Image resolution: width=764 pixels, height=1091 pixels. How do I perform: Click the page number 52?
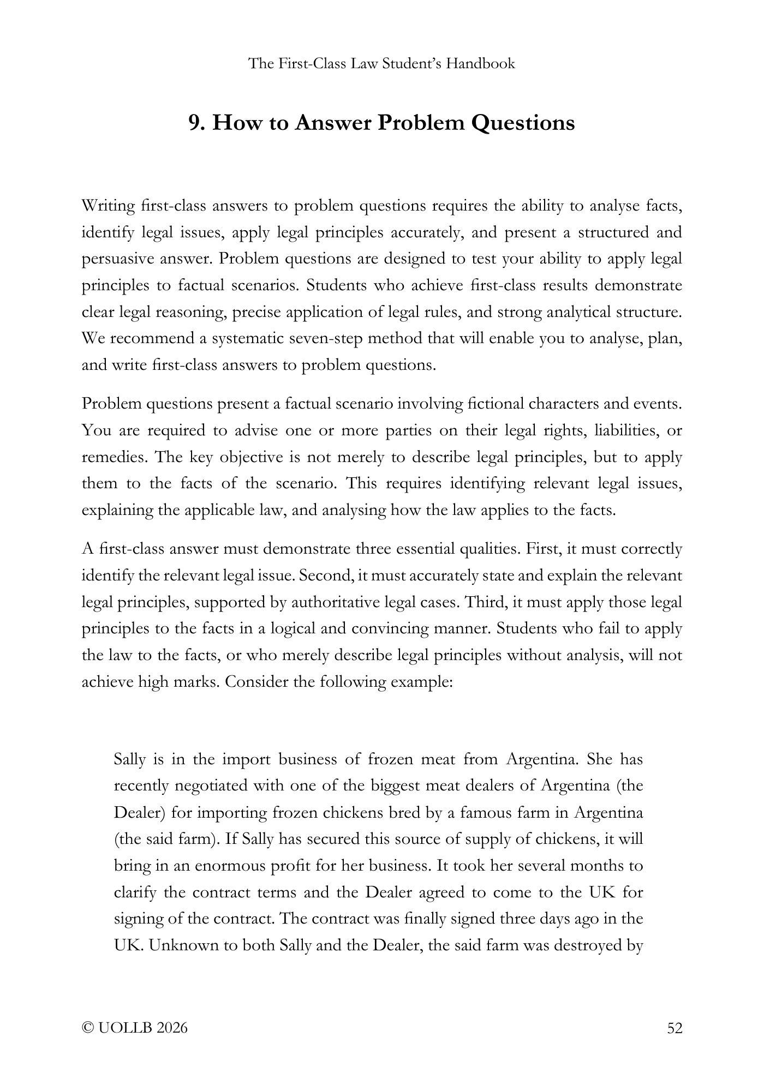pyautogui.click(x=675, y=1028)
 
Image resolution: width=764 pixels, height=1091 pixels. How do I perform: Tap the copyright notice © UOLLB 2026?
pyautogui.click(x=134, y=1028)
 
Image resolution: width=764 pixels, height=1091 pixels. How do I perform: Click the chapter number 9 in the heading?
pyautogui.click(x=194, y=123)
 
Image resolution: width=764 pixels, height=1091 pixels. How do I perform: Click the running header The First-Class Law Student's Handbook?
pyautogui.click(x=381, y=64)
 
